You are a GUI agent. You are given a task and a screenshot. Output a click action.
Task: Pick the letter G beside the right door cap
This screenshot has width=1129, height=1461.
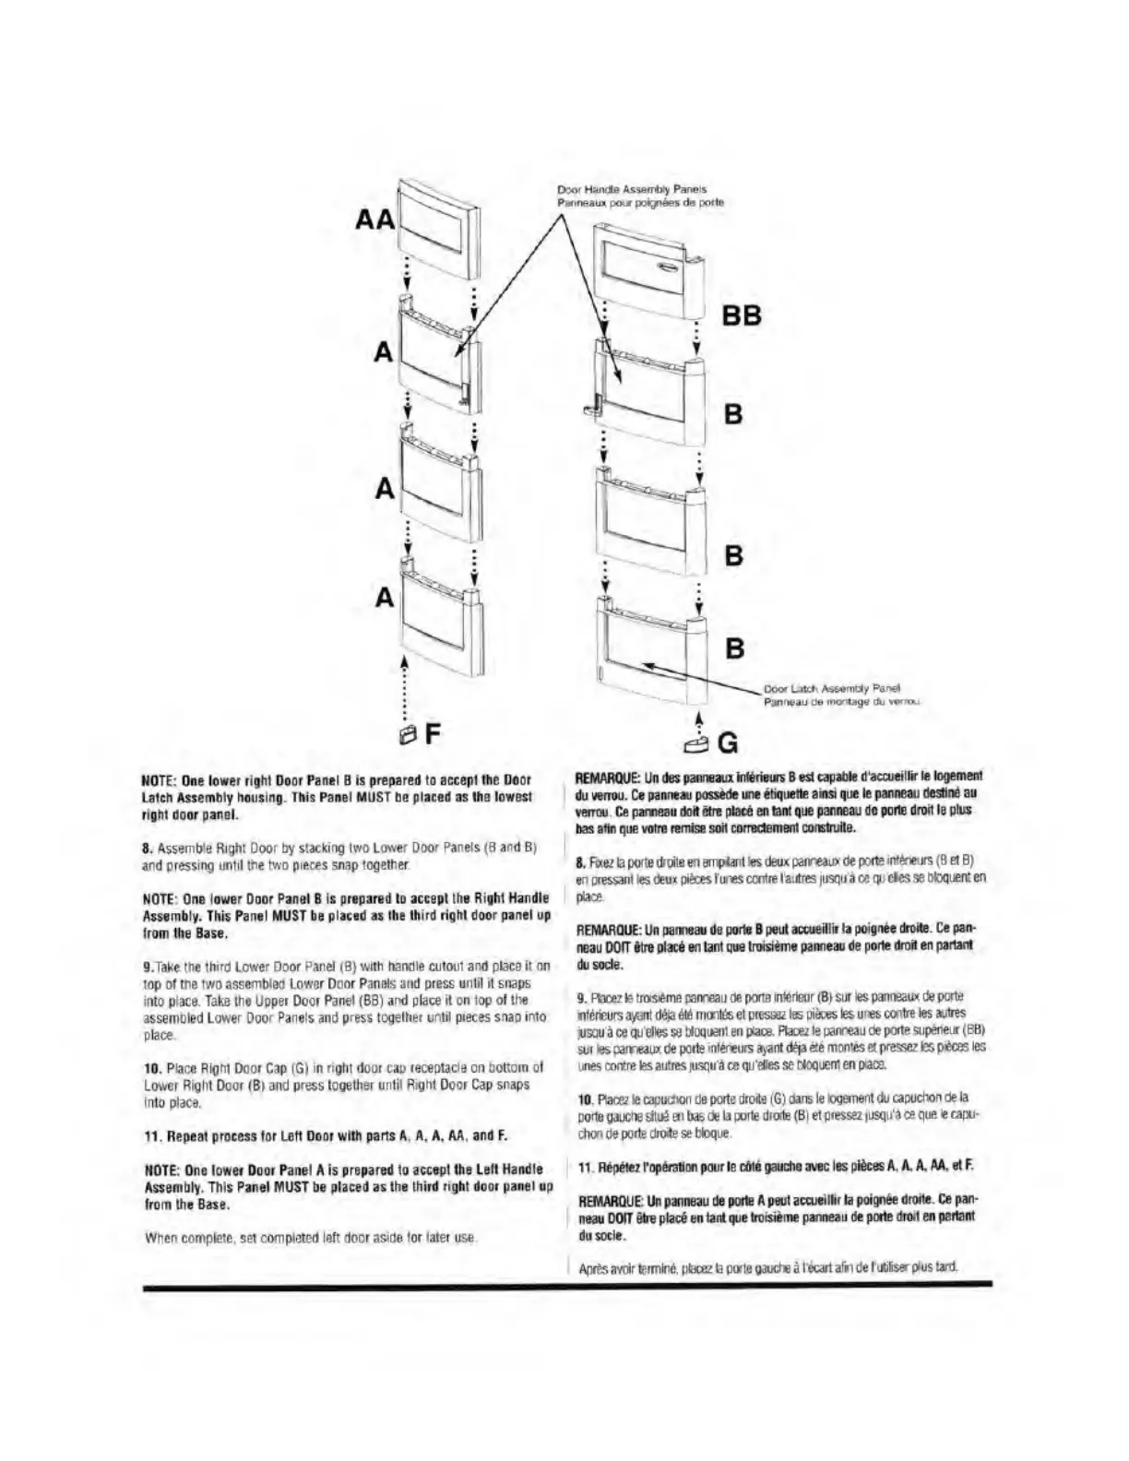point(728,741)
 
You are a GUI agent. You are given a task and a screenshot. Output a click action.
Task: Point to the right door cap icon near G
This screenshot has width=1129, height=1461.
point(698,741)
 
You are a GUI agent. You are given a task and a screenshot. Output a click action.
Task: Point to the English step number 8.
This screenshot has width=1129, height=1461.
point(146,847)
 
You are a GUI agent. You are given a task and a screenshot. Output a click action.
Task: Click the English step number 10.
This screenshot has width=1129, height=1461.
point(151,1067)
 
